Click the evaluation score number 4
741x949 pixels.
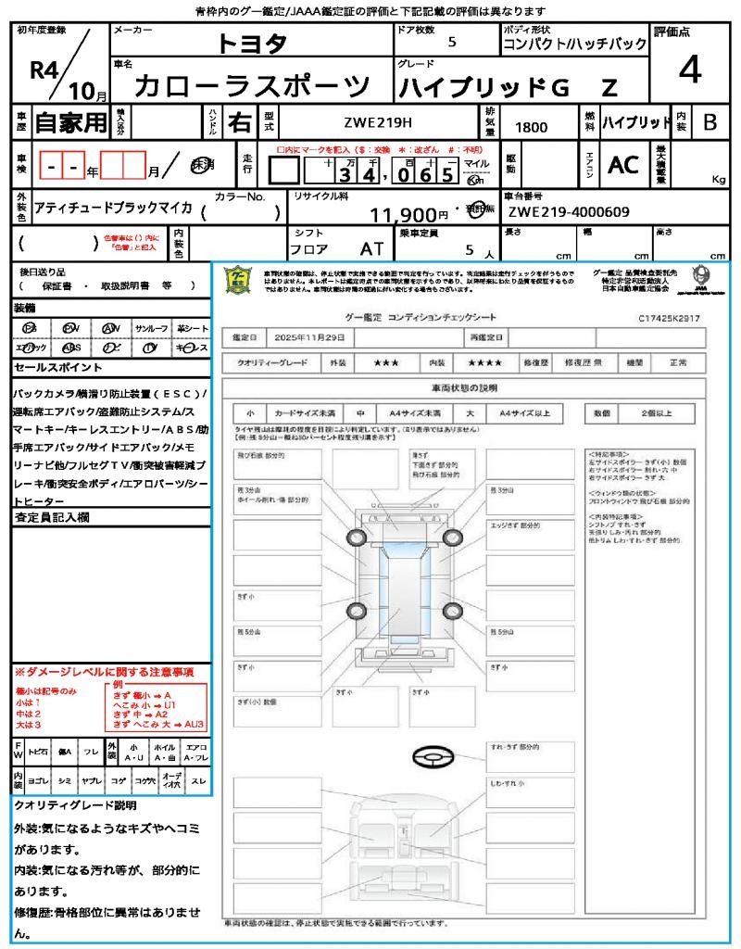coord(690,70)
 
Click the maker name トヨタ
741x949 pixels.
coord(252,44)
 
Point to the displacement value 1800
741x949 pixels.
coord(531,128)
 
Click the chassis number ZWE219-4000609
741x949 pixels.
coord(569,212)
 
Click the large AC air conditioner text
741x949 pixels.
coord(623,165)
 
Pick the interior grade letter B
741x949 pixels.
coord(710,122)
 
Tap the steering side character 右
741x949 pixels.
coord(239,122)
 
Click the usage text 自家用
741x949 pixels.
coord(70,122)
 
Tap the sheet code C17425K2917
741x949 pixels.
coord(669,318)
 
